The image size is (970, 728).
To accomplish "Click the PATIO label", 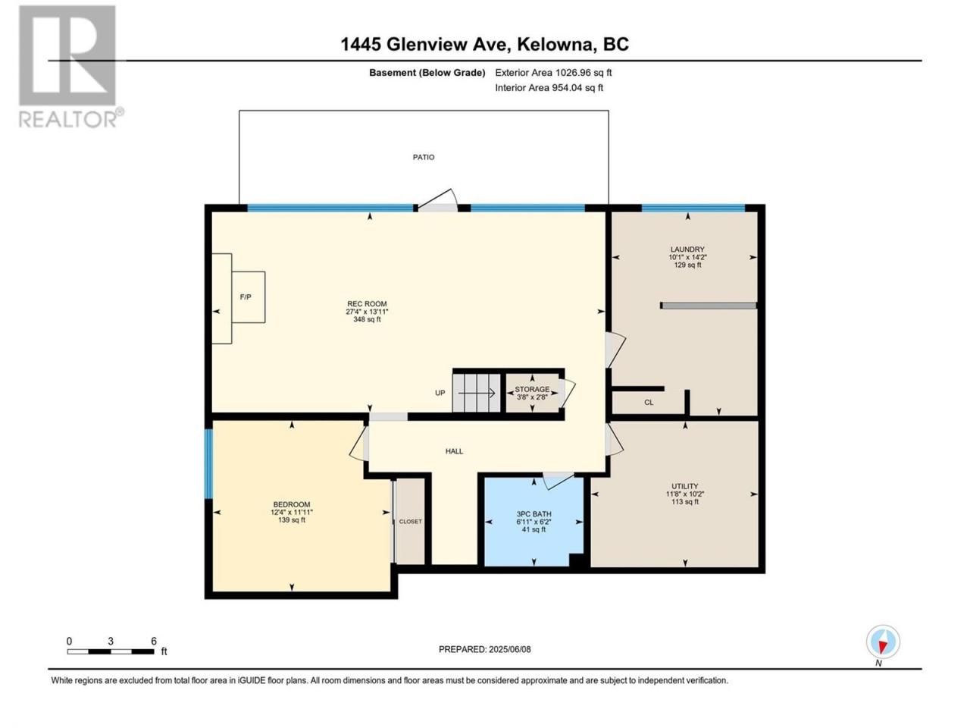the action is [424, 157].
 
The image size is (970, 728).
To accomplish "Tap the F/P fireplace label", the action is [246, 297].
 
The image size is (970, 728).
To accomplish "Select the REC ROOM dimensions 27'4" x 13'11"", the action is [367, 312].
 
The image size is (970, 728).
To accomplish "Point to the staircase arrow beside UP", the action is [476, 393].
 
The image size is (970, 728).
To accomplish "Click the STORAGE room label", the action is [532, 390].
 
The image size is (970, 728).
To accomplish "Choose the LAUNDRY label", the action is [687, 249].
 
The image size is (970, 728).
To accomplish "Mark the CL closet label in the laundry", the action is [649, 402].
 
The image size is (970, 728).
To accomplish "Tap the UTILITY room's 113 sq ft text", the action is [685, 502].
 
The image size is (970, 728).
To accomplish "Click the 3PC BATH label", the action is [533, 514].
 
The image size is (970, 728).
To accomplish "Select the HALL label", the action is [454, 451].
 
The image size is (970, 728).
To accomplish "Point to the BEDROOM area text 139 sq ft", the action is [291, 519].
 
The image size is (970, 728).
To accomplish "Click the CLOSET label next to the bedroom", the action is [410, 522].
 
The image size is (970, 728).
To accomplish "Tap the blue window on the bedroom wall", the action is [208, 463].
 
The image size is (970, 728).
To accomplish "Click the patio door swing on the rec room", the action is [437, 200].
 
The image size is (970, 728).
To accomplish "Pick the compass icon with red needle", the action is [883, 642].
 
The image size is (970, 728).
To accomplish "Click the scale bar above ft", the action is [111, 651].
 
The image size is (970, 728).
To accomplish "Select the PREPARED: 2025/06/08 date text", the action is [485, 649].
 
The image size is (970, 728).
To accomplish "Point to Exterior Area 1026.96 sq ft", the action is [553, 73].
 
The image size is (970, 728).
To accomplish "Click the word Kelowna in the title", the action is [555, 45].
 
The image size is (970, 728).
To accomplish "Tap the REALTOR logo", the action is [70, 67].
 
